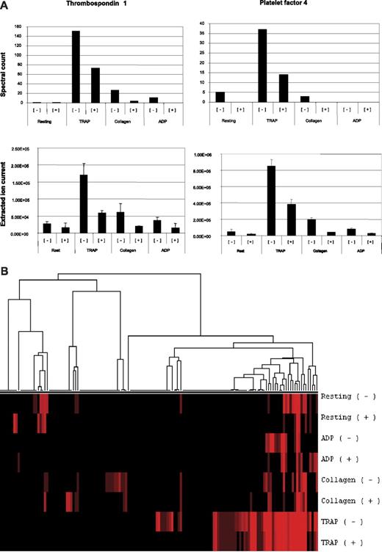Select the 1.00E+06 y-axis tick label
[x=202, y=154]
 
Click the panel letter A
[x=6, y=5]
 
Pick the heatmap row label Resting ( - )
[x=348, y=396]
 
